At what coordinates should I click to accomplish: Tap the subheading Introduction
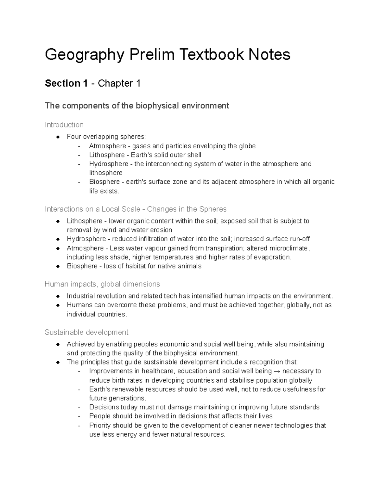pyautogui.click(x=64, y=125)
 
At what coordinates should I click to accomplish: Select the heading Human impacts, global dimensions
pyautogui.click(x=102, y=284)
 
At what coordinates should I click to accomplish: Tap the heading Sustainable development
pyautogui.click(x=86, y=332)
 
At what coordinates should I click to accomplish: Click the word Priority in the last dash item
pyautogui.click(x=100, y=425)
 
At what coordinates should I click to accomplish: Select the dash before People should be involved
pyautogui.click(x=79, y=416)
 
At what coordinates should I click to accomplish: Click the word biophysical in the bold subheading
pyautogui.click(x=157, y=106)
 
